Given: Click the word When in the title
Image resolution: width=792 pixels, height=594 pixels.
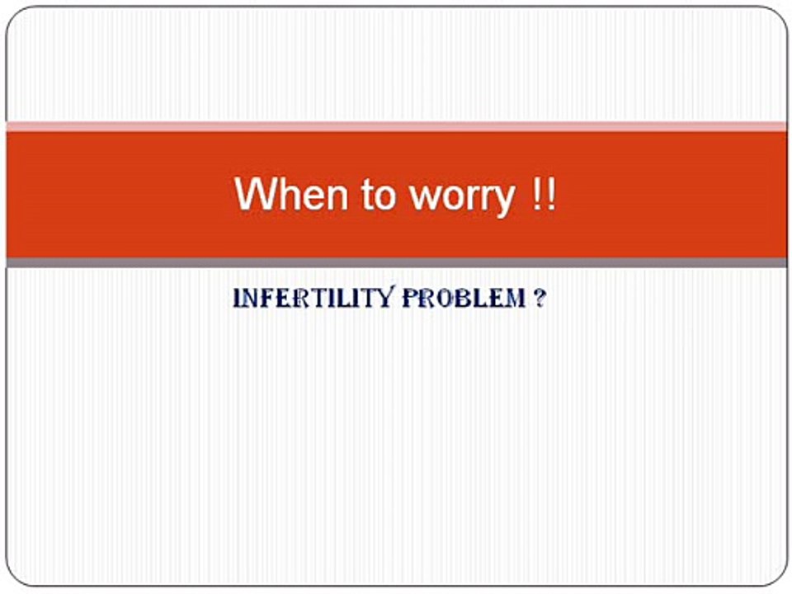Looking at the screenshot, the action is pos(291,193).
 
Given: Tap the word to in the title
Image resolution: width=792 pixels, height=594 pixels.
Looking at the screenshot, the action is pos(377,195).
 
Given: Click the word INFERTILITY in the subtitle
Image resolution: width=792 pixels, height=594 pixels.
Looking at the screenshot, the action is pos(313,298).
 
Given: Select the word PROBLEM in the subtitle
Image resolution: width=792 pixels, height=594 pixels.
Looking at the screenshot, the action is pos(464,298).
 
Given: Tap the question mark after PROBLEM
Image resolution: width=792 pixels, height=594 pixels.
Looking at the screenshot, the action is pos(540,298).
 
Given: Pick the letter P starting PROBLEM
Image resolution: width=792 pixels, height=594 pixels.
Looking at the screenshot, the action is pos(410,298).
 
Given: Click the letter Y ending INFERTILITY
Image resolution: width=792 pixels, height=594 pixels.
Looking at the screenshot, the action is pos(386,298).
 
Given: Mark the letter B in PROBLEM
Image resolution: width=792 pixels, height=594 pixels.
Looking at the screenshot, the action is pos(467,299).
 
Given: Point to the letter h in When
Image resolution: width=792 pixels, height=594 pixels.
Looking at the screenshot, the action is pos(287,193).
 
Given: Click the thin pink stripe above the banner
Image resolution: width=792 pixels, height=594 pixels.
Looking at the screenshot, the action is pos(396,127).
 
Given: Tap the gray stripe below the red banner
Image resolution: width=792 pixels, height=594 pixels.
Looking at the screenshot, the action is pos(396,262).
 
